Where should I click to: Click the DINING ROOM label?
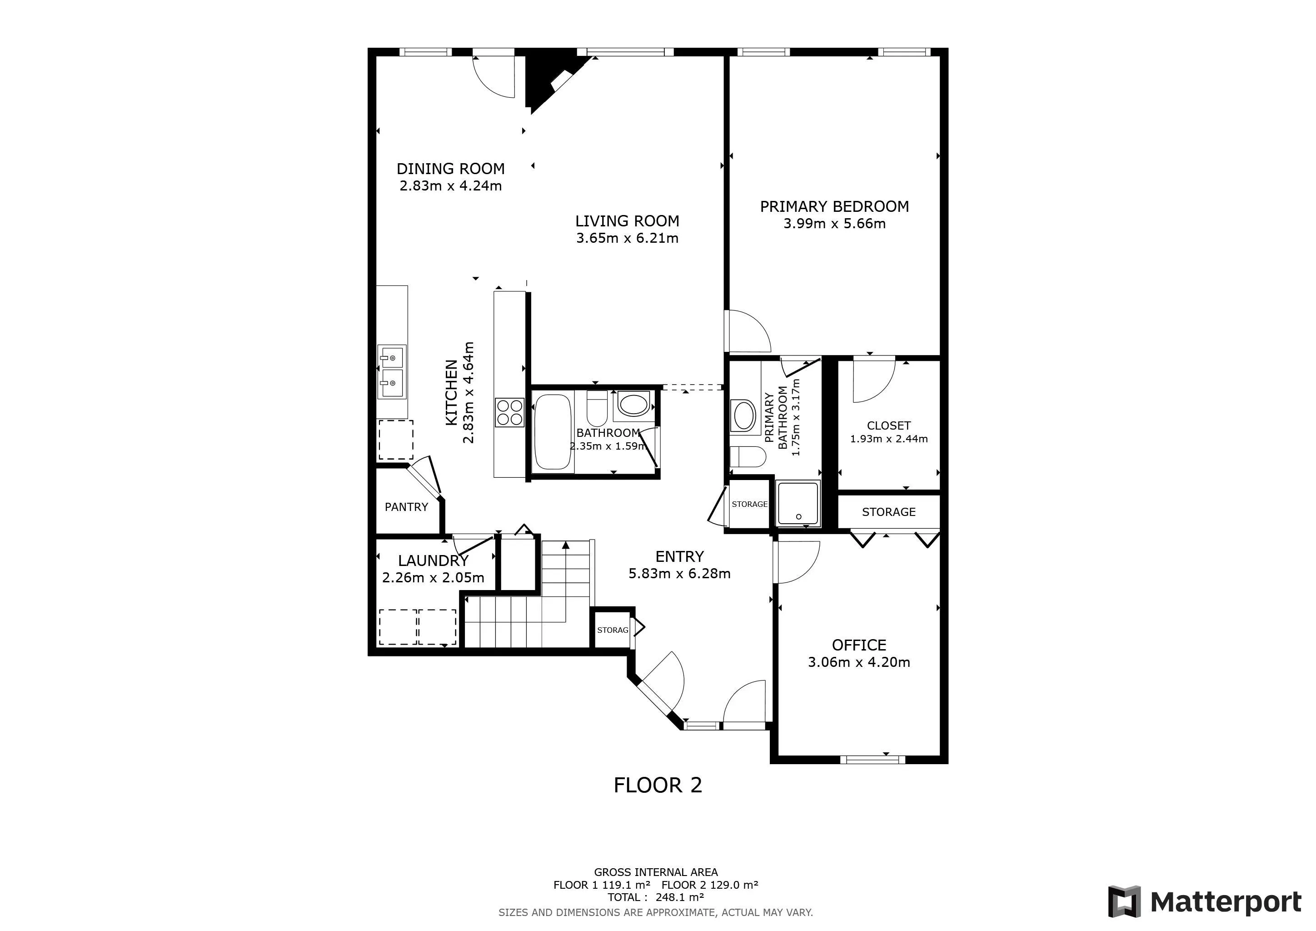coord(450,169)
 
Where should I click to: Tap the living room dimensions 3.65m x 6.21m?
coord(627,238)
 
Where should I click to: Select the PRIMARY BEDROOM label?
coord(834,206)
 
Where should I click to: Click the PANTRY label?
coord(406,507)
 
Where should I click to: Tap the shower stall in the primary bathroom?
coord(798,503)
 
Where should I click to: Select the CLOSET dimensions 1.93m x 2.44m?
coord(888,439)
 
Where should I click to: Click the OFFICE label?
coord(858,645)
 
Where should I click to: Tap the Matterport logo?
coord(1204,902)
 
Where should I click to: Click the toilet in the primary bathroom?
coord(748,457)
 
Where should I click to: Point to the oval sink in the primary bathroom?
coord(743,415)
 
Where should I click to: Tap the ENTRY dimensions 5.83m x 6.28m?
coord(679,573)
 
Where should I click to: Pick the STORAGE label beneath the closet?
coord(888,512)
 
